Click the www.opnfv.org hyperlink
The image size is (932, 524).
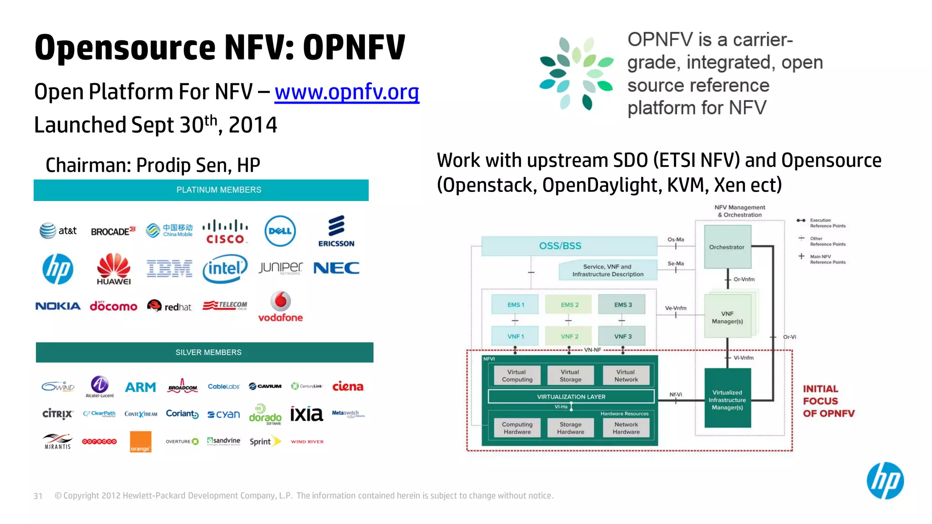pyautogui.click(x=347, y=92)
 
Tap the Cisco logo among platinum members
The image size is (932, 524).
pyautogui.click(x=225, y=232)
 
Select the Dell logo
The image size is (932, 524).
pyautogui.click(x=280, y=231)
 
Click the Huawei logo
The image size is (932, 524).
pyautogui.click(x=114, y=269)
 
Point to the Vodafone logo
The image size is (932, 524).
pyautogui.click(x=280, y=307)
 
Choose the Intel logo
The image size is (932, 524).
pyautogui.click(x=225, y=268)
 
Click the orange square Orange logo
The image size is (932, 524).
pyautogui.click(x=140, y=442)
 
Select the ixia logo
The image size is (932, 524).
pyautogui.click(x=306, y=414)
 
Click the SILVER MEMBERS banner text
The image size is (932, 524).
pyautogui.click(x=208, y=353)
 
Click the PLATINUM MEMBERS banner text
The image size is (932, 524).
pyautogui.click(x=219, y=190)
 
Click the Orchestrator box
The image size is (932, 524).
pyautogui.click(x=727, y=247)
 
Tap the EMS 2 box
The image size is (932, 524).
pyautogui.click(x=569, y=305)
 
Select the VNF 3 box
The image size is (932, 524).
pyautogui.click(x=623, y=337)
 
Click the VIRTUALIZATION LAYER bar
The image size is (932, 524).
pyautogui.click(x=571, y=397)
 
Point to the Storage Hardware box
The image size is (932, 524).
pyautogui.click(x=570, y=428)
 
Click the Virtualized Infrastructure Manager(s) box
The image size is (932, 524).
pyautogui.click(x=727, y=399)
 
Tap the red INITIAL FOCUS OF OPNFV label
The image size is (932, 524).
pyautogui.click(x=828, y=401)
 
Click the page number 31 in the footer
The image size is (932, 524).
pyautogui.click(x=38, y=496)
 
